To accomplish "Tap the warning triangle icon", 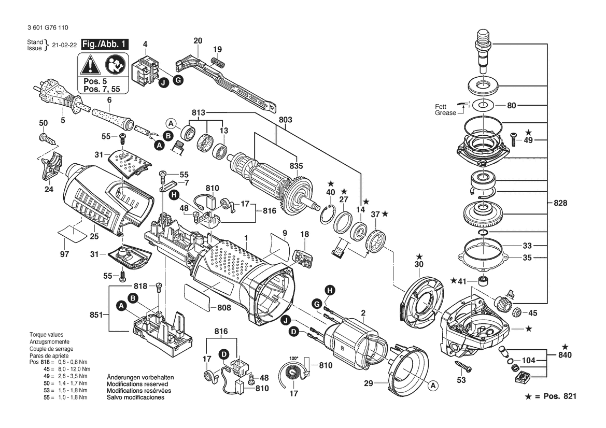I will click(90, 65).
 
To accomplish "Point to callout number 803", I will click(285, 119).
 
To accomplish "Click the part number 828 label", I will click(560, 203).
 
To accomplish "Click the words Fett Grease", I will click(445, 110).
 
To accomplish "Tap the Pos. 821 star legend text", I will click(551, 396).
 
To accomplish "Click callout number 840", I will click(565, 355).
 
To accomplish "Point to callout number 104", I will click(528, 360).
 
